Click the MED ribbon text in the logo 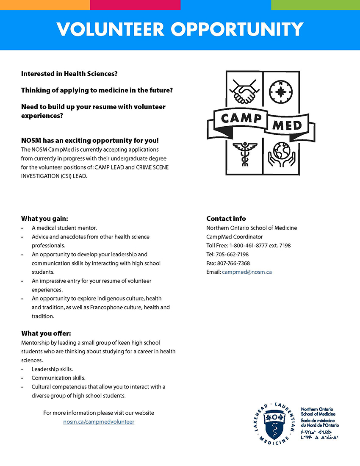(x=286, y=125)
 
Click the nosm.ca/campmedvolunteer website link (x=99, y=422)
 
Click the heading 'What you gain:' (x=44, y=219)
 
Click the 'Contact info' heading (x=226, y=219)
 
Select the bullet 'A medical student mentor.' (x=64, y=228)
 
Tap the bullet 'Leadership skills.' (x=52, y=369)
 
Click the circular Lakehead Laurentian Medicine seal (x=275, y=424)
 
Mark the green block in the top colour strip (x=315, y=5)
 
